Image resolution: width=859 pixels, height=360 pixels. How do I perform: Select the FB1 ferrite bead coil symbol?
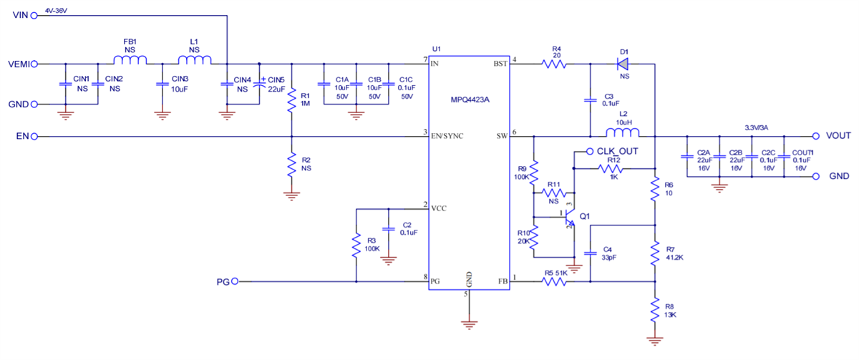tap(130, 61)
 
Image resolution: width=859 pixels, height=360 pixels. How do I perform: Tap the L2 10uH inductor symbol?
tap(622, 132)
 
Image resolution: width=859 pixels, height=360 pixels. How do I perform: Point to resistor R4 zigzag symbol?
tap(555, 64)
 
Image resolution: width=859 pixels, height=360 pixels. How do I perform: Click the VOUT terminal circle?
tap(815, 136)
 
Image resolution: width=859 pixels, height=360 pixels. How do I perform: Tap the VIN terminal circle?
tap(33, 16)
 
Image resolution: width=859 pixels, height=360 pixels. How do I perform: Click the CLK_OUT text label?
tap(617, 151)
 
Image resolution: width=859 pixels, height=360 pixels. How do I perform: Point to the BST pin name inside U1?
tap(500, 64)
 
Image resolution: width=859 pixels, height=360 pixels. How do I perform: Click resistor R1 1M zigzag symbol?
tap(292, 101)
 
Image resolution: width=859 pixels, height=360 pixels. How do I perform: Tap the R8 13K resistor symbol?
tap(654, 310)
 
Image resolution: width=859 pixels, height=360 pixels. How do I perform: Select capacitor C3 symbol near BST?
tap(590, 101)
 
